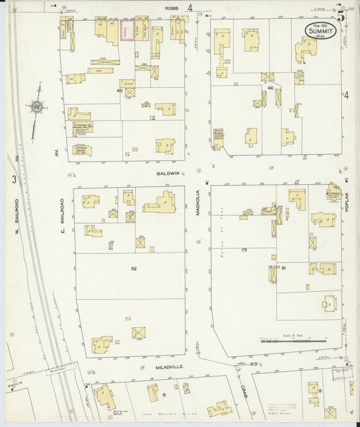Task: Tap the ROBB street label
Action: click(171, 9)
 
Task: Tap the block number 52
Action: click(134, 268)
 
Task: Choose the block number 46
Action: click(269, 88)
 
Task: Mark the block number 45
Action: click(120, 91)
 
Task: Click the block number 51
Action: click(284, 268)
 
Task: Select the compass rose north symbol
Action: click(36, 106)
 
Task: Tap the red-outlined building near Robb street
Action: click(127, 30)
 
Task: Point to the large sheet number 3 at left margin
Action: click(14, 179)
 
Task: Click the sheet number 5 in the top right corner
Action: click(342, 12)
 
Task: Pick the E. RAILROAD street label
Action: click(61, 209)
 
